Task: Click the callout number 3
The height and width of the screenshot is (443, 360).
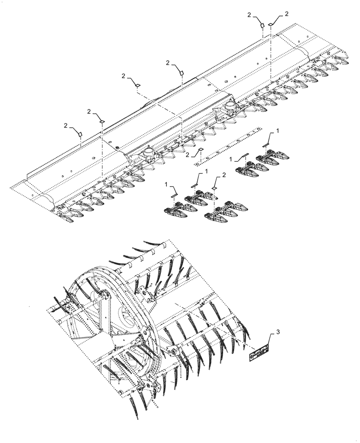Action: (278, 332)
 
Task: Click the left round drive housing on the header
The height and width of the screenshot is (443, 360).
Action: (147, 154)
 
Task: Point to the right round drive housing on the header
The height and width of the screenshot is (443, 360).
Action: (230, 105)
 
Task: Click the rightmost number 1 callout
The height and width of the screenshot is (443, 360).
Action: (278, 131)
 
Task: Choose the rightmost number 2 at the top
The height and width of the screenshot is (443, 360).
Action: (286, 14)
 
